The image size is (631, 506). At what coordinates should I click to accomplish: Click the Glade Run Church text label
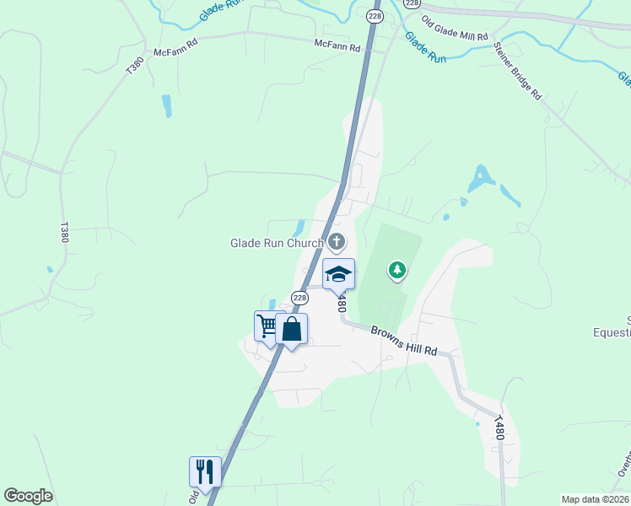277,244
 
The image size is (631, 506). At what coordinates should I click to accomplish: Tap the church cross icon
337,243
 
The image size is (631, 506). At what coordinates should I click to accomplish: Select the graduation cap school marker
338,274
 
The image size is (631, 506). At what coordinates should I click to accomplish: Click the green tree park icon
396,270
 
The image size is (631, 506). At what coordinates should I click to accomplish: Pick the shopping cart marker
267,326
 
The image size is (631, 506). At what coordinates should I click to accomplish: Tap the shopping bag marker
291,329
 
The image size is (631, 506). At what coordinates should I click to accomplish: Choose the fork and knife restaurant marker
204,472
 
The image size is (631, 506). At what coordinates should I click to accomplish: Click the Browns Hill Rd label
405,340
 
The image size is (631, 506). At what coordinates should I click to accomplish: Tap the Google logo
28,496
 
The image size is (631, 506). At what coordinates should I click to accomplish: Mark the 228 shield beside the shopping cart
299,299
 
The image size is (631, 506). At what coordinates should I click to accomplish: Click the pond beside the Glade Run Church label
299,228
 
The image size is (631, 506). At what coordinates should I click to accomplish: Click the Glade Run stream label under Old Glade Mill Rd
424,48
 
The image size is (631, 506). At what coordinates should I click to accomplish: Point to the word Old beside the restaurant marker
194,498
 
